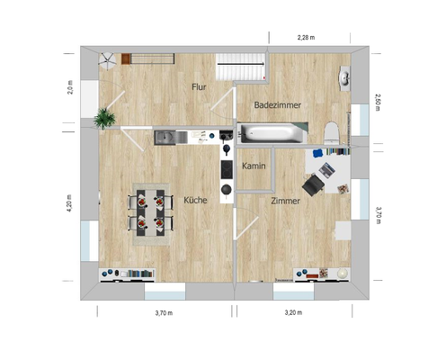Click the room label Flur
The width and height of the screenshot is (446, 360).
(x=200, y=87)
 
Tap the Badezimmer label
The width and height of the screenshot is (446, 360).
(x=278, y=105)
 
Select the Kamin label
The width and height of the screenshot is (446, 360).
(x=253, y=167)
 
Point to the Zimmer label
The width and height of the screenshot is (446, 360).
(x=285, y=201)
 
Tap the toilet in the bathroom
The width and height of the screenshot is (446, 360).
(x=332, y=133)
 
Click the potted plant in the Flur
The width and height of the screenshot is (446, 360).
(x=106, y=119)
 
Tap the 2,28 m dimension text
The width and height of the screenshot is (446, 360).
(x=310, y=37)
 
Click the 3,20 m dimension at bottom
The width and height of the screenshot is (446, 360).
(x=293, y=313)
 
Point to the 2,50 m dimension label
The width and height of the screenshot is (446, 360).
(x=378, y=102)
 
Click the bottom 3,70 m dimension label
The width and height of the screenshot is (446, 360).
(x=163, y=313)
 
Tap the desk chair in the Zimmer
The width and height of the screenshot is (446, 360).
(x=312, y=184)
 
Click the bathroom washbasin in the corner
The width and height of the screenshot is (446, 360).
(x=345, y=76)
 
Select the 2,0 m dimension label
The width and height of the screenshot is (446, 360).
(x=70, y=89)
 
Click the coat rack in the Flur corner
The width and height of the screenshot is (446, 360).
(x=107, y=59)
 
